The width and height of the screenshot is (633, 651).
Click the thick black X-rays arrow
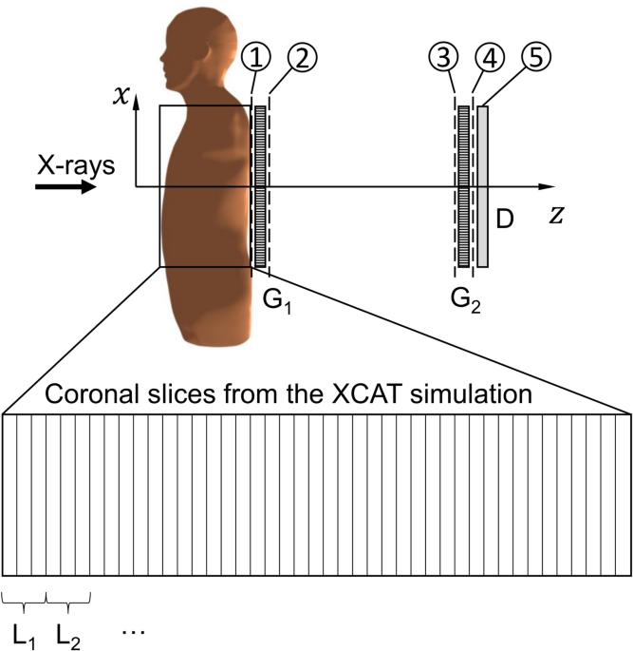coord(65,187)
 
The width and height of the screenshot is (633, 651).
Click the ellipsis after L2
coord(134,630)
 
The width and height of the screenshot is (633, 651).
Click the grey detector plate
coord(482,186)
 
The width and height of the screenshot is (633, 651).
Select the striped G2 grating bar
coord(464,186)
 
